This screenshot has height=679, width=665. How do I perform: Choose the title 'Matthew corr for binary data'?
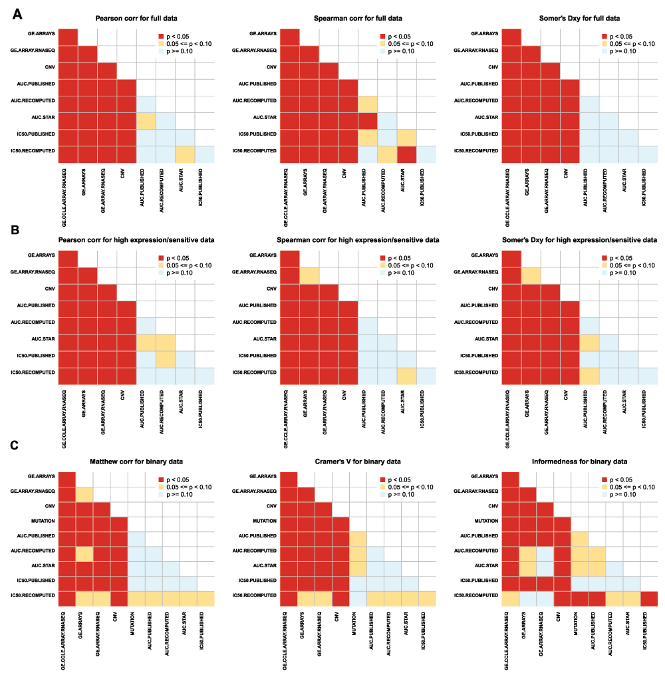click(x=136, y=461)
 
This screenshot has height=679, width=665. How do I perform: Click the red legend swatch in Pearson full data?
click(x=162, y=36)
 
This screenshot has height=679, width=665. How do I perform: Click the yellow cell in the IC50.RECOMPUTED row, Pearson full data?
click(x=186, y=154)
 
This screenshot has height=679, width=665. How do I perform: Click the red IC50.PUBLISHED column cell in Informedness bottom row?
click(x=648, y=598)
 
